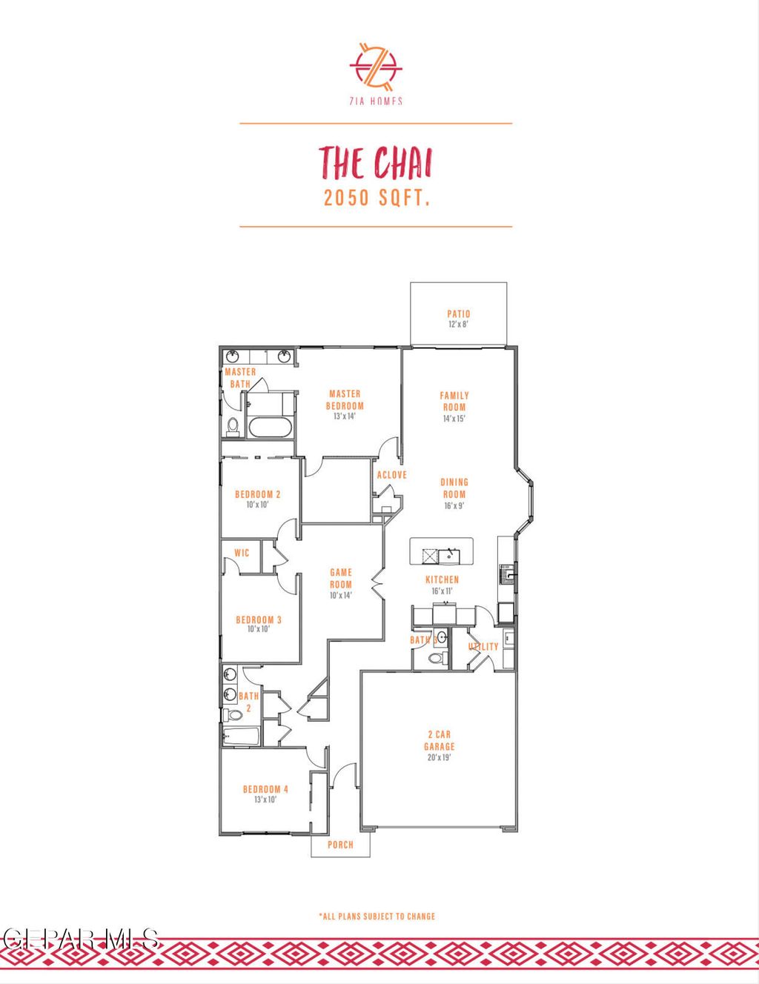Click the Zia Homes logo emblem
[376, 65]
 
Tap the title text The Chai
[376, 163]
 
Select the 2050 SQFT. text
[377, 198]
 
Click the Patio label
[459, 314]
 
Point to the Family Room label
[454, 401]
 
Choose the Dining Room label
[454, 488]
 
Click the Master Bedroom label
[345, 400]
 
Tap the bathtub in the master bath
[271, 426]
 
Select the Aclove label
[391, 475]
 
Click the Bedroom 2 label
[258, 494]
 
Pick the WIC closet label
[242, 553]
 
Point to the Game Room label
[341, 578]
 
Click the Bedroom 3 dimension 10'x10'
[258, 629]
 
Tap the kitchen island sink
[449, 555]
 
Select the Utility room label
[483, 647]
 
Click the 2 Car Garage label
[440, 740]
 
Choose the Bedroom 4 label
[265, 789]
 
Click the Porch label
[340, 845]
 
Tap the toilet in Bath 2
[234, 715]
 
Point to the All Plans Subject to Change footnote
[377, 917]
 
